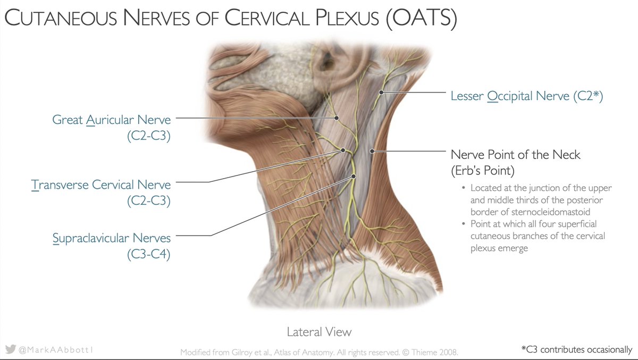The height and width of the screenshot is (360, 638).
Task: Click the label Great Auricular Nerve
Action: (x=111, y=119)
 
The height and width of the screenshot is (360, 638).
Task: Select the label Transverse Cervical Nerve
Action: (x=101, y=185)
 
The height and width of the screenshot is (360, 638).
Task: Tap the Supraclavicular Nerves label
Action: (x=112, y=238)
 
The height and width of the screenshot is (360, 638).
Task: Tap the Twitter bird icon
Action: (x=10, y=350)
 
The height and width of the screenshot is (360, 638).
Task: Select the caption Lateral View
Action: (x=319, y=332)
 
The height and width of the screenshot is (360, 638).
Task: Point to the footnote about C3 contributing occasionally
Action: (x=577, y=350)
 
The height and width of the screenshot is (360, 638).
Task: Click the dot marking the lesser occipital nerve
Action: (x=381, y=93)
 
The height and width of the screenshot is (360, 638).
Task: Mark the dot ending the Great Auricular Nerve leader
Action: (x=336, y=118)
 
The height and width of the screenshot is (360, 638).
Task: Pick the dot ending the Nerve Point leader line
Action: (x=373, y=151)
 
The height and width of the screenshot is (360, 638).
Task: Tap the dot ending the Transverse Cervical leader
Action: (x=343, y=150)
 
